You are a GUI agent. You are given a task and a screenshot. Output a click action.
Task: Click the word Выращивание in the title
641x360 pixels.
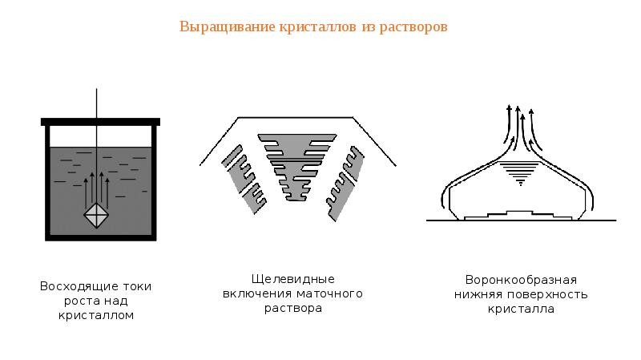(x=227, y=27)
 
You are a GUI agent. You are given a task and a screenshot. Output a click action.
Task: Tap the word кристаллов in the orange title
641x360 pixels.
(x=317, y=27)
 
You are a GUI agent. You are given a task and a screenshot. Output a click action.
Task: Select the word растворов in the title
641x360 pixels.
(x=413, y=27)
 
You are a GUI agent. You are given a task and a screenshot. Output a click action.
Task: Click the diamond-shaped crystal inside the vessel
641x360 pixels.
(x=96, y=215)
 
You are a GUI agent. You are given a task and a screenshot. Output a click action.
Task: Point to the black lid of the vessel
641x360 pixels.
(x=101, y=122)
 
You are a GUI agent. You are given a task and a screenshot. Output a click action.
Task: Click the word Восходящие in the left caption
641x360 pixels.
(x=79, y=286)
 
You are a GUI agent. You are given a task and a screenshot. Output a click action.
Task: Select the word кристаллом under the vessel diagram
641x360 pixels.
(x=96, y=315)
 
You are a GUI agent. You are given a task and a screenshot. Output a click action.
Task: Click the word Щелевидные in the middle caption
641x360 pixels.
(x=292, y=279)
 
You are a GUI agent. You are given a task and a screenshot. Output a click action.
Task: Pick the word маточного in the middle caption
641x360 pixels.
(x=329, y=293)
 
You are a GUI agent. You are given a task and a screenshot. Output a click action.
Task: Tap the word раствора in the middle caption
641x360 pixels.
(x=293, y=309)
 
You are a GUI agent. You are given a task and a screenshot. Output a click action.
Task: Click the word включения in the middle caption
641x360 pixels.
(x=257, y=293)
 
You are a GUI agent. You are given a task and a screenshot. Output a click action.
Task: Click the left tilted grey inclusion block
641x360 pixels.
(x=244, y=180)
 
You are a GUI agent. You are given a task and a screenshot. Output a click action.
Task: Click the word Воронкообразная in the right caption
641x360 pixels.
(x=521, y=281)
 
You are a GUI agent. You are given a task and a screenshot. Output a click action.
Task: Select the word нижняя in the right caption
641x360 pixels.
(x=478, y=294)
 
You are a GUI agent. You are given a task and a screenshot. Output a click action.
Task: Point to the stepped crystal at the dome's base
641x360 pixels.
(x=518, y=216)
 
